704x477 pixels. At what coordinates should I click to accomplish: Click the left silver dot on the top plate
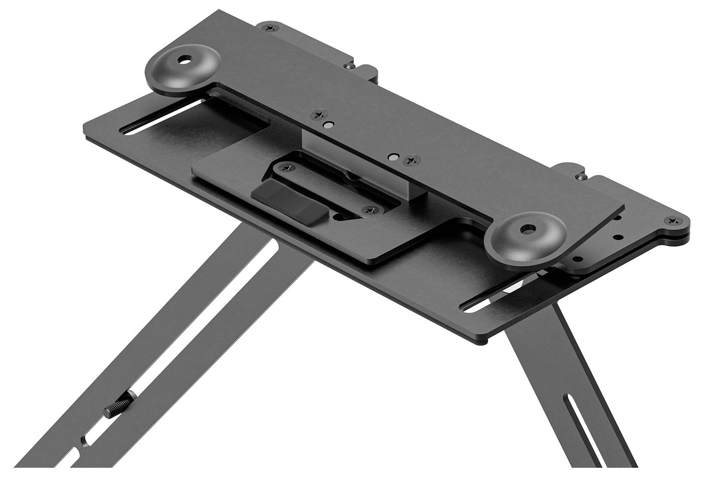tap(327, 125)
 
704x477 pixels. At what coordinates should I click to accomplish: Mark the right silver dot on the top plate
tap(395, 156)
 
